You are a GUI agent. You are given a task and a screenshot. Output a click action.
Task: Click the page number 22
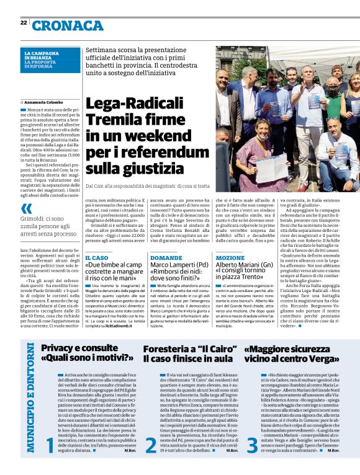(23, 22)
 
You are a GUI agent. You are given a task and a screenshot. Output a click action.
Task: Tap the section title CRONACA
(68, 25)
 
